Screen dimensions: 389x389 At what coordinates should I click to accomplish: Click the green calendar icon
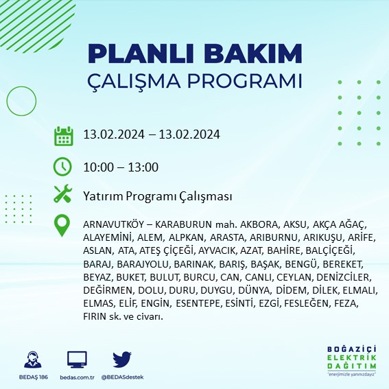pyautogui.click(x=63, y=136)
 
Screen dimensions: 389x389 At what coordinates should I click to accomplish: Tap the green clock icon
pyautogui.click(x=63, y=167)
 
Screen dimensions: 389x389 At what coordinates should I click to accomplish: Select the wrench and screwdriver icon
pyautogui.click(x=63, y=195)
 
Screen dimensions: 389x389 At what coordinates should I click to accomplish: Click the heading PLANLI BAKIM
pyautogui.click(x=195, y=54)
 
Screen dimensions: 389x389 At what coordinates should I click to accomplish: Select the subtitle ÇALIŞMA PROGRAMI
pyautogui.click(x=195, y=80)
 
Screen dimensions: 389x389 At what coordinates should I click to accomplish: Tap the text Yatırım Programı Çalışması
pyautogui.click(x=157, y=196)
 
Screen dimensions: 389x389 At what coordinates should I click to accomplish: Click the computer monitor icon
pyautogui.click(x=77, y=359)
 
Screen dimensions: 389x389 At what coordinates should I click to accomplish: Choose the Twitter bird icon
pyautogui.click(x=122, y=359)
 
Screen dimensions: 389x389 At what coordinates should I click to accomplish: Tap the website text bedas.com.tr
pyautogui.click(x=77, y=377)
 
